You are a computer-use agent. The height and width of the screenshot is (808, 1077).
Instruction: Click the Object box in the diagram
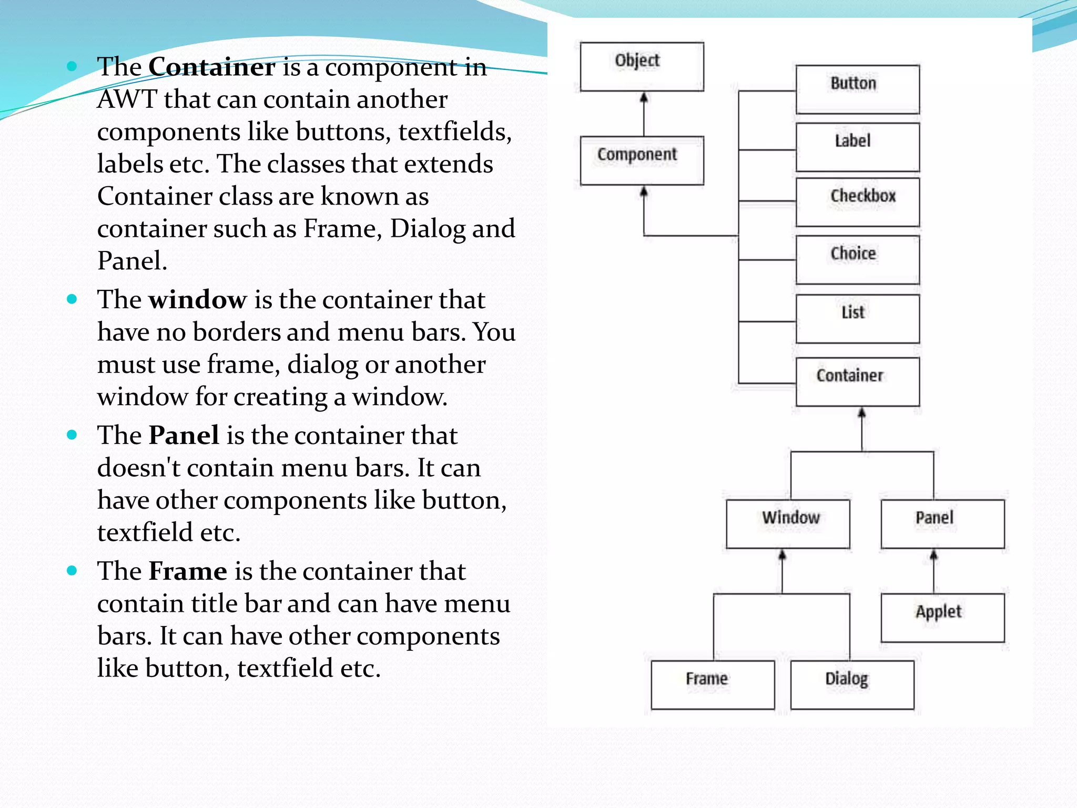tap(642, 67)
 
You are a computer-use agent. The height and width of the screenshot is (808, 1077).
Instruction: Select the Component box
tap(642, 160)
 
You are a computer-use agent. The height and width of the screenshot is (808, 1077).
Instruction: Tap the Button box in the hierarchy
tap(857, 89)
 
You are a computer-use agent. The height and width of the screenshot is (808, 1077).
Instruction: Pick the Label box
tap(857, 147)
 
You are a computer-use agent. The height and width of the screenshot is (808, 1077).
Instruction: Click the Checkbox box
tap(857, 202)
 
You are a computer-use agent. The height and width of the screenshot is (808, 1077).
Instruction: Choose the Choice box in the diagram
tap(857, 260)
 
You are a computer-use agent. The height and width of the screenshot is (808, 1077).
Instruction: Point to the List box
tap(857, 319)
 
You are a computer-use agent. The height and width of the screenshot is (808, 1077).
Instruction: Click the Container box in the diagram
tap(857, 382)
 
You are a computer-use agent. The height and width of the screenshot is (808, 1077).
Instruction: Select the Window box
tap(788, 524)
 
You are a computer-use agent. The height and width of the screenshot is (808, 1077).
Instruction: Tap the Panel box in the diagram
tap(942, 524)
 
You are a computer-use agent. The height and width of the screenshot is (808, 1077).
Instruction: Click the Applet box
tap(942, 618)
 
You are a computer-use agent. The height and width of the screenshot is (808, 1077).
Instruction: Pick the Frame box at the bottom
tap(713, 685)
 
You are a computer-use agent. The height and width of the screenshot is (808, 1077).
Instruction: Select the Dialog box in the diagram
tap(852, 685)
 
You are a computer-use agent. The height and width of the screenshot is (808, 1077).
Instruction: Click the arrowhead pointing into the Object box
tap(644, 98)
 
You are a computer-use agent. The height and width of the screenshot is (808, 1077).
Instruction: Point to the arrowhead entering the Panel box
tap(934, 555)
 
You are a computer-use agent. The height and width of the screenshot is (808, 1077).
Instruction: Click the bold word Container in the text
tap(211, 67)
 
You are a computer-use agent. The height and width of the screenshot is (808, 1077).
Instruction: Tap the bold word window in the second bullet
tap(197, 300)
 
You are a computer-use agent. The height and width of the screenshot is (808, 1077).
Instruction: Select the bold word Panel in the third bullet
tap(184, 436)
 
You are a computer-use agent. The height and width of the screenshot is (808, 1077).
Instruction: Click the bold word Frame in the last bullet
tap(188, 571)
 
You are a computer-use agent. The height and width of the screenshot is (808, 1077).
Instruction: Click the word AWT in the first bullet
tap(127, 99)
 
